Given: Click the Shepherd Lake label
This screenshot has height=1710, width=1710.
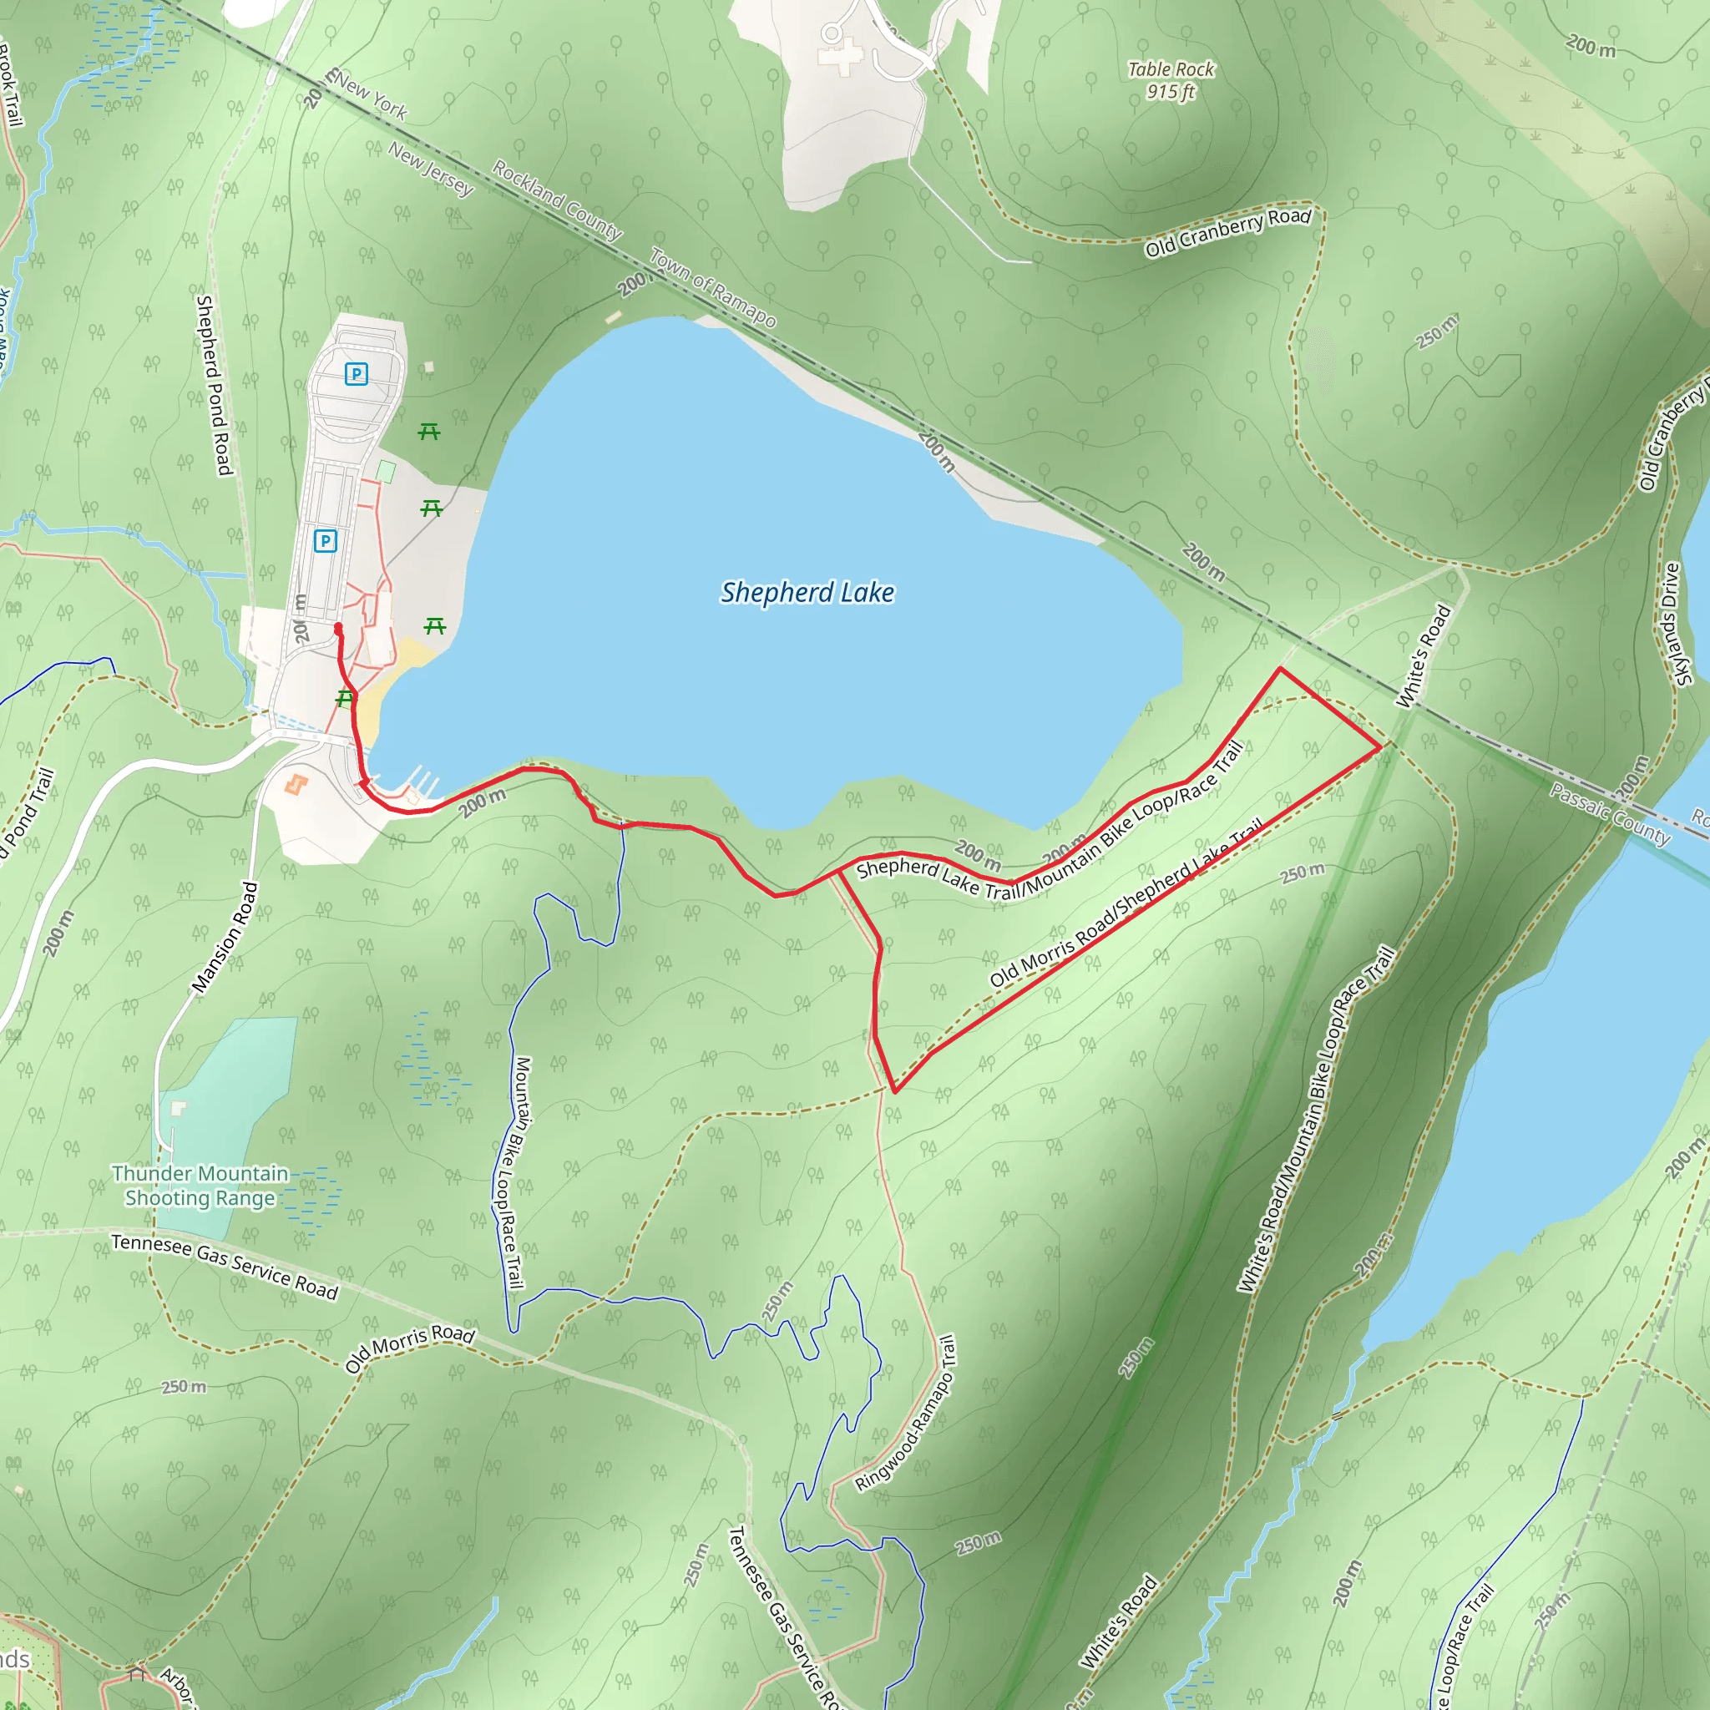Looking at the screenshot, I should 807,592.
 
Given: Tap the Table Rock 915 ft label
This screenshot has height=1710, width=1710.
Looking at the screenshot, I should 1170,80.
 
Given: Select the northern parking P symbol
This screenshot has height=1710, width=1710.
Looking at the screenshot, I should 356,373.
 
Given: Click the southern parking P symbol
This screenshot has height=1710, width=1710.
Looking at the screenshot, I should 325,540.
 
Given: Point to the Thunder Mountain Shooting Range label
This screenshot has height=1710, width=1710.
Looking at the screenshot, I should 200,1185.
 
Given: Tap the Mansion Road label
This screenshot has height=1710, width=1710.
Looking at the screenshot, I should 225,938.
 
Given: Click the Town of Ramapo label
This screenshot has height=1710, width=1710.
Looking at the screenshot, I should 712,286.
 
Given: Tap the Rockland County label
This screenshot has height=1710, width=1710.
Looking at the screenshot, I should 557,200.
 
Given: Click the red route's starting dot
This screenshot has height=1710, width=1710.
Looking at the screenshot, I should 338,628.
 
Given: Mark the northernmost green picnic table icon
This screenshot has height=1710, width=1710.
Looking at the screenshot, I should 428,431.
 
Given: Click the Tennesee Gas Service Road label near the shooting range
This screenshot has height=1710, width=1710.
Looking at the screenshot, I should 225,1267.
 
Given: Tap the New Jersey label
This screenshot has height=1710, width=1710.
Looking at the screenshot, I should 430,168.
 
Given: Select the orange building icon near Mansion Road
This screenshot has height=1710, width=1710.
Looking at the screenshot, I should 296,784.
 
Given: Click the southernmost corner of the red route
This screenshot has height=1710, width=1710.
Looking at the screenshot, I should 895,1091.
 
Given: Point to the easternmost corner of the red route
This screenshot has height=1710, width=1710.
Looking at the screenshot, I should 1380,747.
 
